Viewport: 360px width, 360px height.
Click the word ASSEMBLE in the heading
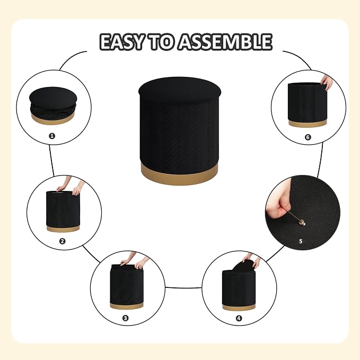point(225,42)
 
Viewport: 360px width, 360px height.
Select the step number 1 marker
point(52,136)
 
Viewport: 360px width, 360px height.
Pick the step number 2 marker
point(62,241)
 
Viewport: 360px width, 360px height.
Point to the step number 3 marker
point(125,318)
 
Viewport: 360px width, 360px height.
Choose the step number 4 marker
point(239,318)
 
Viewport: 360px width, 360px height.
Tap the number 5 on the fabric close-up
point(301,241)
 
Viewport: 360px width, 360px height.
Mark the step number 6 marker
point(308,137)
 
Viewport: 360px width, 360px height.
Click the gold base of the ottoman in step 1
point(53,119)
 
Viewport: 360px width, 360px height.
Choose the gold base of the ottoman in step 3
point(127,305)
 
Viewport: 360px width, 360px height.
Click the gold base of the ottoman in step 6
point(307,124)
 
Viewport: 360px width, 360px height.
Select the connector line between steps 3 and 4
point(183,287)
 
